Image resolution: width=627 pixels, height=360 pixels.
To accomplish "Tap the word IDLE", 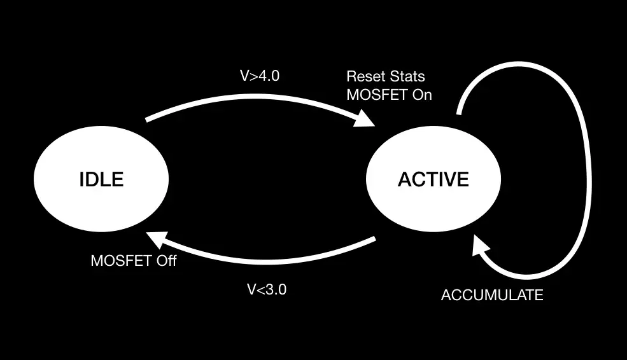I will pos(101,179).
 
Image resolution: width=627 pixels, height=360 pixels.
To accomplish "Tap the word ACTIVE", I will pos(433,179).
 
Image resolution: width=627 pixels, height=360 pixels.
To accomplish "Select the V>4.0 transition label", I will pos(259,76).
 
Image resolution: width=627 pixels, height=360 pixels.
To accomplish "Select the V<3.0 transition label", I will pos(267,290).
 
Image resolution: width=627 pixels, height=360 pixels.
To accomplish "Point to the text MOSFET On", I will pos(389,95).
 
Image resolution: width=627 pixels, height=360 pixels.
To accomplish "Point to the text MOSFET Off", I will pos(134,261).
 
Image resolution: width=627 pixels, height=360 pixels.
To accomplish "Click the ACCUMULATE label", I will pos(492,295).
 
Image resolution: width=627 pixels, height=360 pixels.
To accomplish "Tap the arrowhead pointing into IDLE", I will pos(157,240).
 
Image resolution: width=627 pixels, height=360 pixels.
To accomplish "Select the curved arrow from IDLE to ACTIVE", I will pos(255,96).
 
